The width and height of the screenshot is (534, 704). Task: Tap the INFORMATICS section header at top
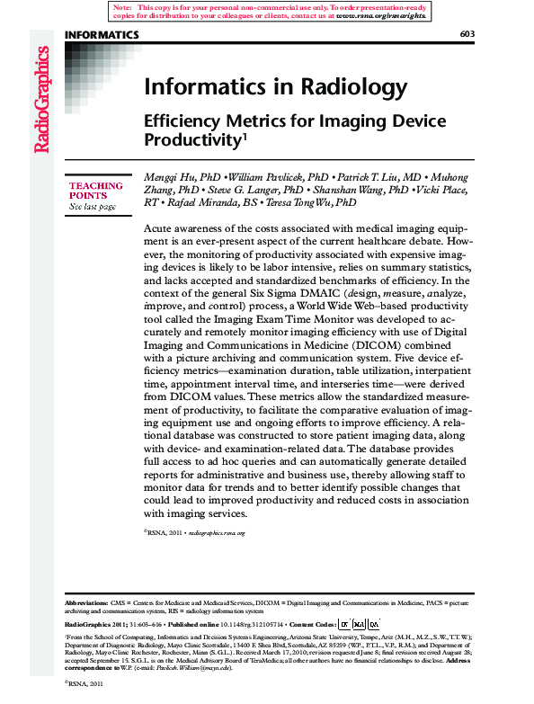click(102, 34)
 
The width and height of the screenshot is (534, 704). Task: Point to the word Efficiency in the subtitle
click(184, 120)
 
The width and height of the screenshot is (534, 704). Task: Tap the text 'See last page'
click(93, 207)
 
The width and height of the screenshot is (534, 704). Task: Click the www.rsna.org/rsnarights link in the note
click(381, 16)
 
